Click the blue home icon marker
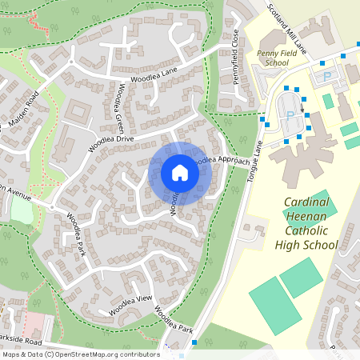(180, 173)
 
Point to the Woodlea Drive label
(114, 138)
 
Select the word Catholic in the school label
(310, 231)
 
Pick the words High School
(311, 246)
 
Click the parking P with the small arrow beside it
(289, 114)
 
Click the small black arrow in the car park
(302, 102)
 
